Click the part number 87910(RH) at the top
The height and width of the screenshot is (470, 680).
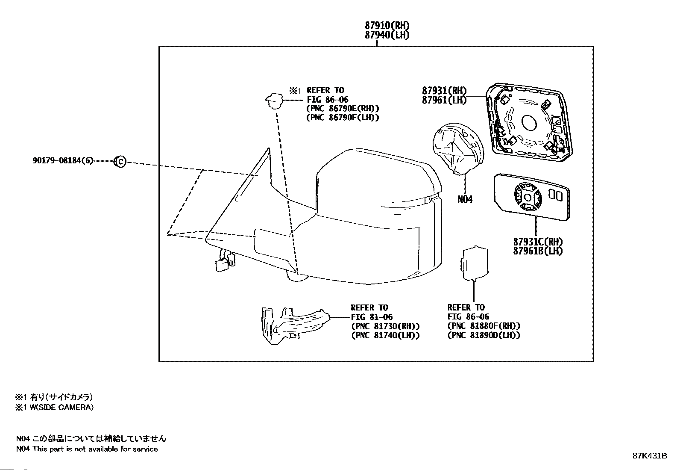coord(387,26)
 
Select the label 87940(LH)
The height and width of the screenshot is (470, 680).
coord(387,35)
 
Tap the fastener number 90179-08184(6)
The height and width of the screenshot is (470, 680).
coord(63,161)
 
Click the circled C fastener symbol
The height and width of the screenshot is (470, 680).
coord(120,162)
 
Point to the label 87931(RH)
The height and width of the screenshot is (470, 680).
coord(444,91)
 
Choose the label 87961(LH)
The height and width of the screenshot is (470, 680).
coord(444,100)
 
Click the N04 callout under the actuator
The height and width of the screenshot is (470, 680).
coord(465,199)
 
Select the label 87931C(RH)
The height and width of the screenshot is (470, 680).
coord(538,242)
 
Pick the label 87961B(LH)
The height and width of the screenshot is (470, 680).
coord(538,251)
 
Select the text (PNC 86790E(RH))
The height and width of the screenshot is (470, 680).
coord(343,109)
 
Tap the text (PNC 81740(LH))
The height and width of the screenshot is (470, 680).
coord(385,335)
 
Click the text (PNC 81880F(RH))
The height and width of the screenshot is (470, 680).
coord(484,326)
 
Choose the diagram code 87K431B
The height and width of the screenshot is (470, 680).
coord(650,456)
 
